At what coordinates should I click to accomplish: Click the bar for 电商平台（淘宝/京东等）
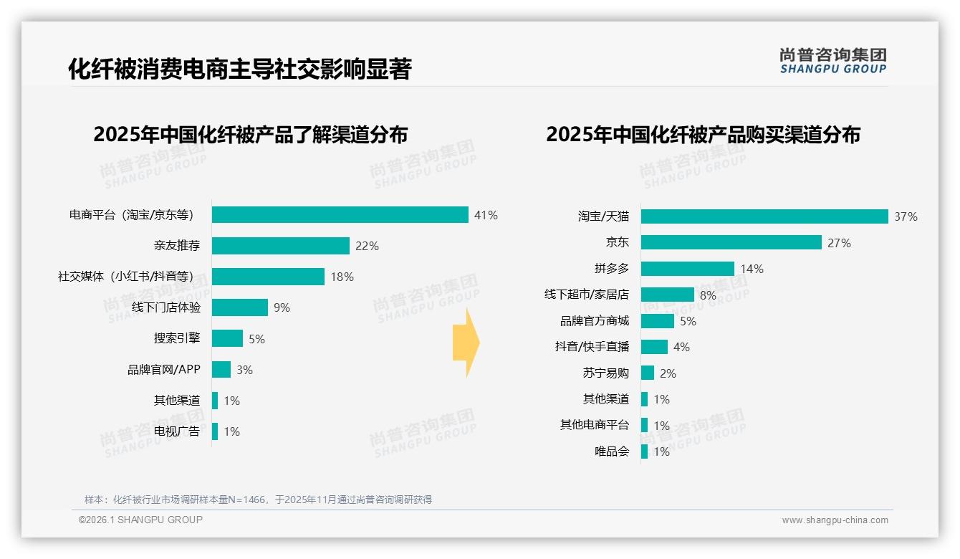tap(340, 215)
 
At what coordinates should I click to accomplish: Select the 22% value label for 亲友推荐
tap(367, 246)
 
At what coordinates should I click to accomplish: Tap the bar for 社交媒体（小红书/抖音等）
tap(268, 277)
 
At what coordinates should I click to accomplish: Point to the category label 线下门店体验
tap(166, 307)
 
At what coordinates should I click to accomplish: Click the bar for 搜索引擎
tap(227, 338)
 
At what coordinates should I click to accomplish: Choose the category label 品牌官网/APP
tap(164, 370)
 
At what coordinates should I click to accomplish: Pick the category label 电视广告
tap(177, 431)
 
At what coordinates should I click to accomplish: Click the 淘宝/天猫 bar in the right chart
tap(764, 216)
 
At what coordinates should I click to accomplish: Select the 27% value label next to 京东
tap(839, 243)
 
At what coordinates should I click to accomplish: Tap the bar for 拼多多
tap(688, 269)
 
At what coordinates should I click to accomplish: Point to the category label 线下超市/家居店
tap(587, 295)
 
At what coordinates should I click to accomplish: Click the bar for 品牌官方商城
tap(658, 321)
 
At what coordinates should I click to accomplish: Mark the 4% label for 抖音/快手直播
tap(681, 347)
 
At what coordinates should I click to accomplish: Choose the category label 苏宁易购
tap(606, 373)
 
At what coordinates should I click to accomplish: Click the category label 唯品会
tap(612, 451)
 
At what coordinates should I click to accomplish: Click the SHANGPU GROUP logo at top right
tap(833, 61)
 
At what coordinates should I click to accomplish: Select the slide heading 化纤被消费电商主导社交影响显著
tap(240, 69)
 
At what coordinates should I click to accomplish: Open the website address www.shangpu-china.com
tap(835, 520)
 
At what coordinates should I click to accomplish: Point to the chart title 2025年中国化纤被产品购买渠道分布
tap(703, 135)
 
